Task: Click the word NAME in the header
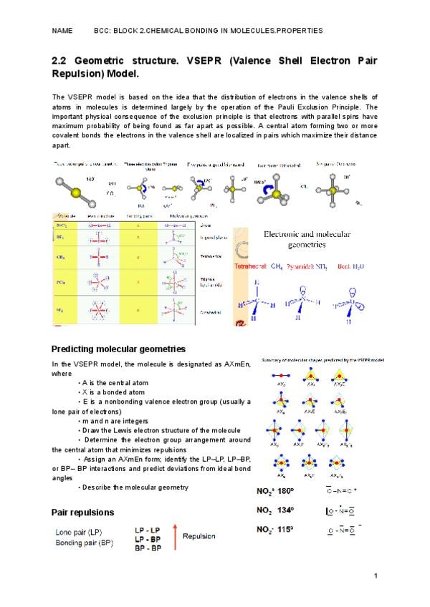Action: click(62, 31)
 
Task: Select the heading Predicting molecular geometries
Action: click(118, 349)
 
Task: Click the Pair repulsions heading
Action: click(82, 513)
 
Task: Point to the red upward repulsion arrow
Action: click(174, 538)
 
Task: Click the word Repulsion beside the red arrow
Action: click(202, 536)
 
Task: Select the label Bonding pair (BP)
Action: click(85, 543)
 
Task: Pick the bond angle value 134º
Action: click(285, 510)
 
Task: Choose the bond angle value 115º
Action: click(285, 530)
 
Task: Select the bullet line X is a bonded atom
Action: click(113, 392)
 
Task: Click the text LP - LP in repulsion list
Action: click(147, 530)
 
